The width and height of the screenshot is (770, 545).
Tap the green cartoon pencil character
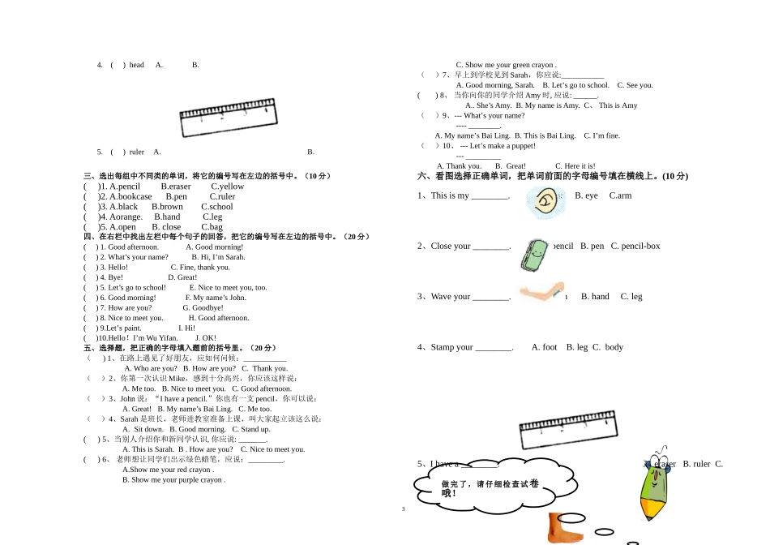[657, 483]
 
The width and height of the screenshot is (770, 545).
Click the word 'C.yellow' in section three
[227, 187]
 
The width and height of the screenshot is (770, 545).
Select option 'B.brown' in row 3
[167, 207]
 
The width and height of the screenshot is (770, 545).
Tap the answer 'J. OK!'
[206, 338]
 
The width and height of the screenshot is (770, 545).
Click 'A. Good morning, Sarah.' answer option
[495, 85]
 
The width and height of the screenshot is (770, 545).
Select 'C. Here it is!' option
[575, 166]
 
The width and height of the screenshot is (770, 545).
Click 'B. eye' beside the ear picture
[586, 195]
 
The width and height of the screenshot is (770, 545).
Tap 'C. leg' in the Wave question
[631, 297]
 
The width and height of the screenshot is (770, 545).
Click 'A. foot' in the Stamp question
[544, 347]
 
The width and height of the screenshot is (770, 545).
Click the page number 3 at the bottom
[403, 509]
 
